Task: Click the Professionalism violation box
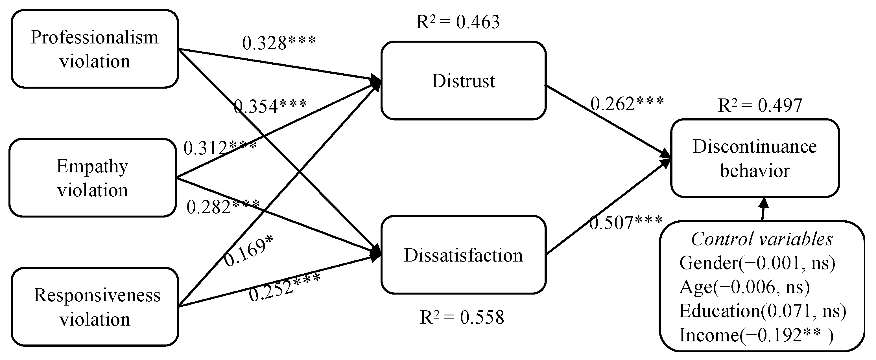pyautogui.click(x=95, y=49)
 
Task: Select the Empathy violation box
pyautogui.click(x=93, y=178)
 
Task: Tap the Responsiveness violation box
pyautogui.click(x=95, y=307)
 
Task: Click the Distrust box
pyautogui.click(x=463, y=81)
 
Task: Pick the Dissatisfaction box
pyautogui.click(x=463, y=255)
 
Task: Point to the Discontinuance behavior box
pyautogui.click(x=755, y=158)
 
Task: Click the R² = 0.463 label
pyautogui.click(x=458, y=22)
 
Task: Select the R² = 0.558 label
pyautogui.click(x=462, y=317)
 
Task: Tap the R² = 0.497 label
pyautogui.click(x=760, y=106)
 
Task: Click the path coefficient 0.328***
pyautogui.click(x=279, y=43)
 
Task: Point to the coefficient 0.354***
pyautogui.click(x=270, y=106)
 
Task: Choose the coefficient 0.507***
pyautogui.click(x=626, y=223)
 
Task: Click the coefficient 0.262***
pyautogui.click(x=627, y=104)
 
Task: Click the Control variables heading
pyautogui.click(x=762, y=239)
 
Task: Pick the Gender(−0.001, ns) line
pyautogui.click(x=757, y=263)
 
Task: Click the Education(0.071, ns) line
pyautogui.click(x=762, y=311)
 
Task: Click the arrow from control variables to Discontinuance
pyautogui.click(x=763, y=209)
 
